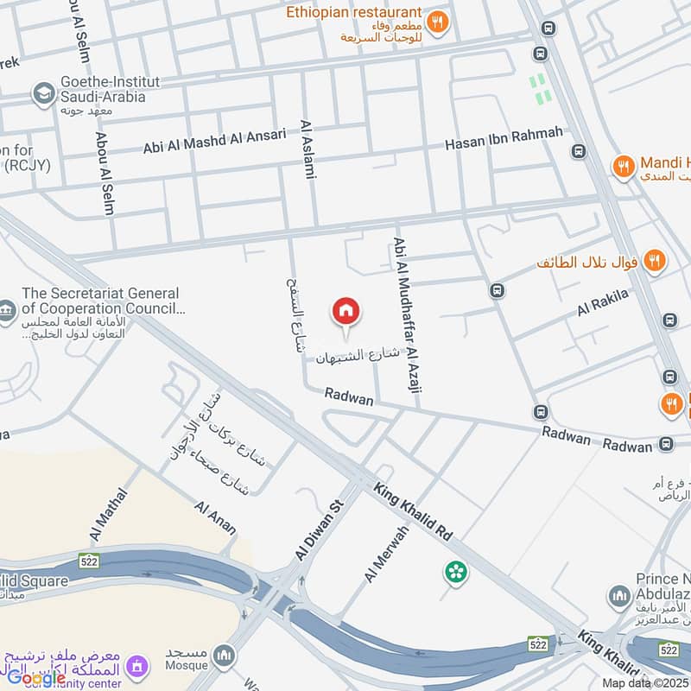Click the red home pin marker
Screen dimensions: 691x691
346,311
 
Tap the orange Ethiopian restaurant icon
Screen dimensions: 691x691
438,22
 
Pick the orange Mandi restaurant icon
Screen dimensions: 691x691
622,167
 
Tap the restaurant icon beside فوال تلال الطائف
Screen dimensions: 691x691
655,260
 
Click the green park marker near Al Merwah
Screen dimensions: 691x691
454,571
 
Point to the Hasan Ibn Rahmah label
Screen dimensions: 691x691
504,138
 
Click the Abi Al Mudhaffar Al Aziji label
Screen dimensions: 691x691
407,315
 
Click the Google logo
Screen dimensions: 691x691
36,677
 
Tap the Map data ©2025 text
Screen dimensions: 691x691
644,682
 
